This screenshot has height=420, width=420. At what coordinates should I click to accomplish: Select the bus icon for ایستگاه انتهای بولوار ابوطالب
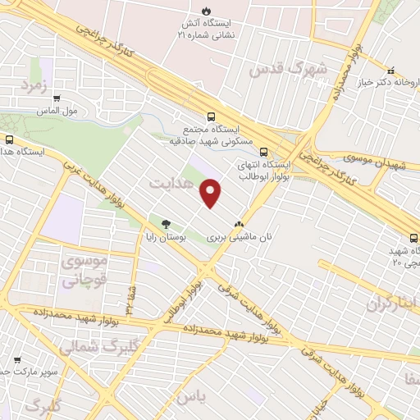click(263, 151)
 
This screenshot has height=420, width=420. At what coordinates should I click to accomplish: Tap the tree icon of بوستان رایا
click(167, 223)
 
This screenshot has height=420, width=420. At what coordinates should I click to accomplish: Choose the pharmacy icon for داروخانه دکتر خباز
click(391, 70)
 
